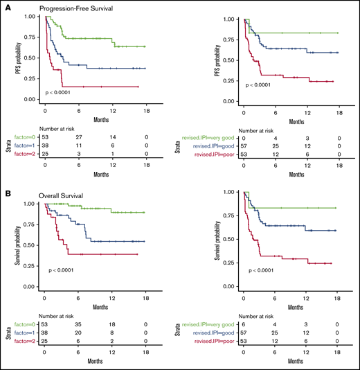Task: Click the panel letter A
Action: pyautogui.click(x=5, y=6)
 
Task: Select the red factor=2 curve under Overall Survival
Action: pyautogui.click(x=104, y=254)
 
